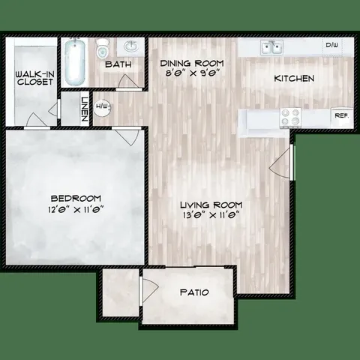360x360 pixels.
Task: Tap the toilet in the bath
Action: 103,49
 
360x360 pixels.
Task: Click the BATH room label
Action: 118,65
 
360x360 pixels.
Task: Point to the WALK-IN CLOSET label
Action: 34,78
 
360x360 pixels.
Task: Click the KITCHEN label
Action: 293,79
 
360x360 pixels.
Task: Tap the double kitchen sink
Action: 272,47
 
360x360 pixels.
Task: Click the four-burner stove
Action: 289,117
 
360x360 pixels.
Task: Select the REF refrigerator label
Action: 340,116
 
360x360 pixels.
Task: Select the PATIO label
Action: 194,292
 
